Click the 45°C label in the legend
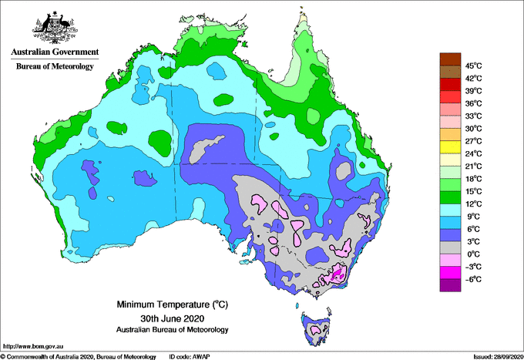473,66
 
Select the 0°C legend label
473,254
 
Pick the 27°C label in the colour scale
473,141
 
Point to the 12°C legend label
473,204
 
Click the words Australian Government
55,52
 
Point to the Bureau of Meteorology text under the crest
55,66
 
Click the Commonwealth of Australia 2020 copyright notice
73,355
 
